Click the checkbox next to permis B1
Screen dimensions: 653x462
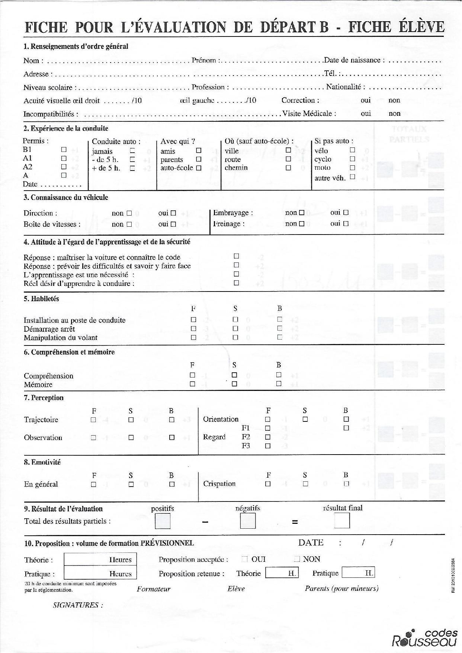click(x=64, y=149)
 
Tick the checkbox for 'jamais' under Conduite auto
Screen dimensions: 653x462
click(x=132, y=151)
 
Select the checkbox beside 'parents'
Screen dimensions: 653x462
click(x=199, y=159)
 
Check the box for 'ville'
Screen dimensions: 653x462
click(x=288, y=150)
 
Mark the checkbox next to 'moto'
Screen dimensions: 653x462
click(x=352, y=168)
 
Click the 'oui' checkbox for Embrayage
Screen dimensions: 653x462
click(x=346, y=213)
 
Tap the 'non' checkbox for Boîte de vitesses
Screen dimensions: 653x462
click(x=129, y=224)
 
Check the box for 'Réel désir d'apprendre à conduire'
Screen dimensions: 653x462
click(x=236, y=283)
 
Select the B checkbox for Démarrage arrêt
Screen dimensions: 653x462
click(x=280, y=328)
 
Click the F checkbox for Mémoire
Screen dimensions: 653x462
click(x=192, y=384)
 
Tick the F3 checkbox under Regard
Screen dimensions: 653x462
click(x=267, y=446)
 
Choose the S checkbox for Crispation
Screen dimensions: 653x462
click(x=305, y=484)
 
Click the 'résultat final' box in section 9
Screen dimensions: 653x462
click(x=342, y=520)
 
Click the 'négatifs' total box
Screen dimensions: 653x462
click(x=248, y=520)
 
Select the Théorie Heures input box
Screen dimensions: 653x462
click(x=100, y=560)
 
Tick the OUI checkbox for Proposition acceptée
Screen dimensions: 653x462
click(x=244, y=559)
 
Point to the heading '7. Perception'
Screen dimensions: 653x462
click(x=44, y=398)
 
